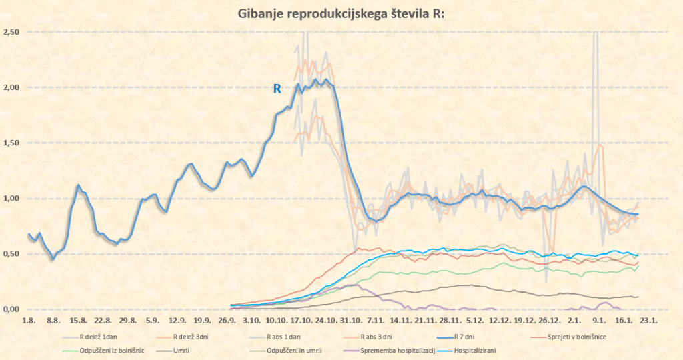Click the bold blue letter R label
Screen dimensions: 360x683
[277, 87]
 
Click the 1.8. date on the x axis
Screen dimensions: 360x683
[28, 320]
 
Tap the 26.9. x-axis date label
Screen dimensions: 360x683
[228, 320]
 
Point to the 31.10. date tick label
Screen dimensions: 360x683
[351, 320]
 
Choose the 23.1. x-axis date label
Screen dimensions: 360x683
[648, 320]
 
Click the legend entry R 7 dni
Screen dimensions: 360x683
[460, 337]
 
